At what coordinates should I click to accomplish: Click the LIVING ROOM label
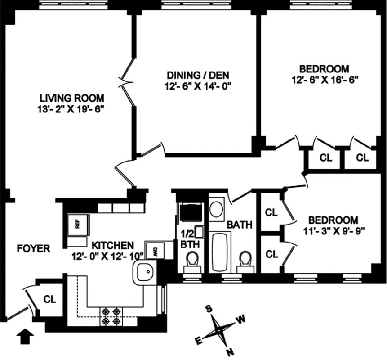[72, 98]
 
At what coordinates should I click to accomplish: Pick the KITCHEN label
[112, 246]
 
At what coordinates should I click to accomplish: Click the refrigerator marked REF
[77, 224]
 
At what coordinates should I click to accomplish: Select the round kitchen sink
[144, 272]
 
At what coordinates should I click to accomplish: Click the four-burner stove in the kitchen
[111, 316]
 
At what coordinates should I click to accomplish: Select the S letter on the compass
[209, 309]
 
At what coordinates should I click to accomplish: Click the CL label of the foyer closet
[49, 299]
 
